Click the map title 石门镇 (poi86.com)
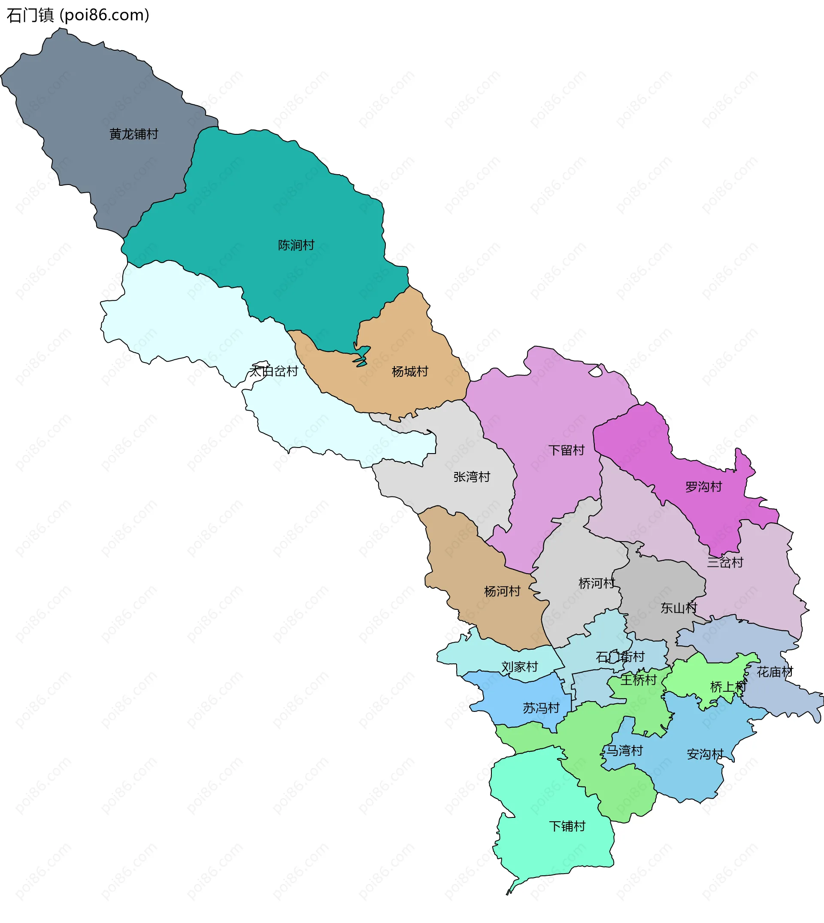78,15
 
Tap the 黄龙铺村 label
133,134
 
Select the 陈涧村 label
296,245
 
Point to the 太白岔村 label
273,371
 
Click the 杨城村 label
410,372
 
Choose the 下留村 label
566,450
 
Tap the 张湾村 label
472,477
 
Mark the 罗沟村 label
703,487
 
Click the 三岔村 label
725,562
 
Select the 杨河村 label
502,591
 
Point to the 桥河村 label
597,584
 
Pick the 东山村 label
678,608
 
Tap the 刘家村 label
519,667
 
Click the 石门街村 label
620,657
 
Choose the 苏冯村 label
541,708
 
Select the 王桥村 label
638,680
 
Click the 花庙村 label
775,672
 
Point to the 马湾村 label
624,751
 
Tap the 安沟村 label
705,754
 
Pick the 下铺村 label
567,826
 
